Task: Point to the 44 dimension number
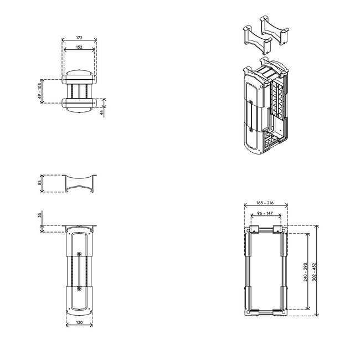point(102,112)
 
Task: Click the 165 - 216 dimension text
point(266,203)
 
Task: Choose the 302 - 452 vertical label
point(315,271)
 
